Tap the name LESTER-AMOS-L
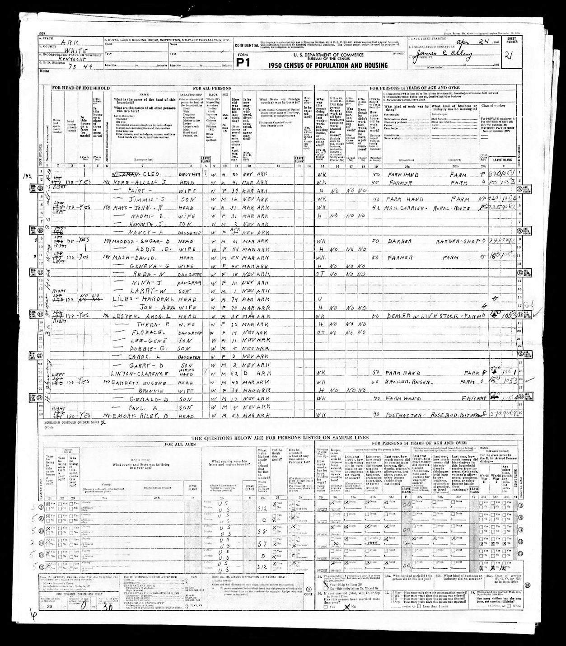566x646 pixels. [142, 317]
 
